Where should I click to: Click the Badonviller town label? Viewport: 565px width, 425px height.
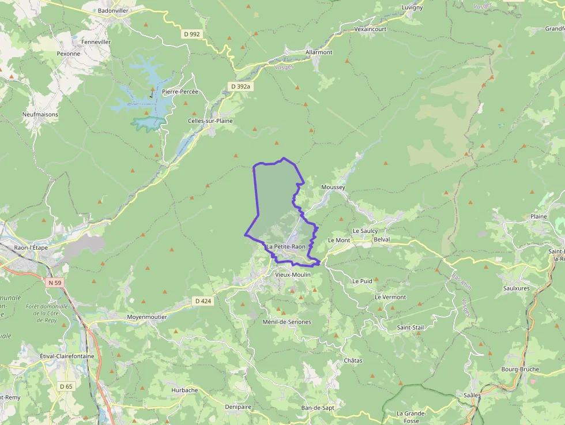(113, 10)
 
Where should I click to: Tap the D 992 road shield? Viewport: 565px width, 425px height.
(191, 34)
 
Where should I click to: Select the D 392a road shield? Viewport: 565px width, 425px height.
(240, 86)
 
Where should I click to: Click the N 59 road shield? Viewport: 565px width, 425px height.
(54, 283)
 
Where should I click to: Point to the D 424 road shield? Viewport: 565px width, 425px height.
(203, 301)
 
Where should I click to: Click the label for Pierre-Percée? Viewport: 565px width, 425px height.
(180, 92)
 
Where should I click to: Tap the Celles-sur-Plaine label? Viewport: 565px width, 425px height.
(209, 121)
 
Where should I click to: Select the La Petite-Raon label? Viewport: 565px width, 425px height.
(286, 247)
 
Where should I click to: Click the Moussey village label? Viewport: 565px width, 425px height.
(333, 187)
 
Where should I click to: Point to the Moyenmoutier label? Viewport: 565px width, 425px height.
(146, 317)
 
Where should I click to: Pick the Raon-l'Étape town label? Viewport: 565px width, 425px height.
(31, 247)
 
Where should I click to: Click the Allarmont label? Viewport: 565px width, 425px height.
(319, 52)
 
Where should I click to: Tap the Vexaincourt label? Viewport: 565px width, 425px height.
(370, 28)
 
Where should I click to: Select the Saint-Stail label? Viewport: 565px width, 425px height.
(410, 328)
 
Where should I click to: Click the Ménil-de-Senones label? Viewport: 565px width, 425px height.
(287, 322)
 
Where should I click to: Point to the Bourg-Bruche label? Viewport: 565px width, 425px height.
(520, 369)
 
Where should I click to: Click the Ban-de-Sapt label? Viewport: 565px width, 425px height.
(318, 408)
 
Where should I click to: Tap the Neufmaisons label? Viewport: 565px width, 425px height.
(40, 114)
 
